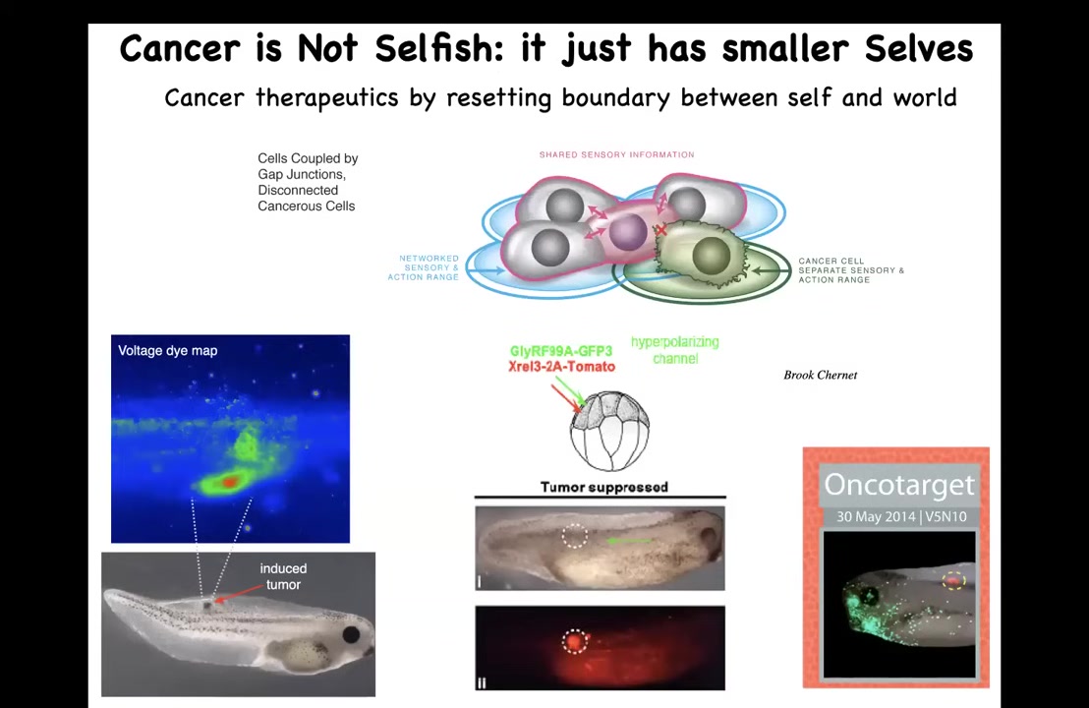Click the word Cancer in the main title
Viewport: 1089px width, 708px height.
[x=180, y=48]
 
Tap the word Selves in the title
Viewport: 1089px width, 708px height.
[x=918, y=48]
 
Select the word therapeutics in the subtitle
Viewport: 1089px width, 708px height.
[x=327, y=98]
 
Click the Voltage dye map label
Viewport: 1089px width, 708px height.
[x=167, y=351]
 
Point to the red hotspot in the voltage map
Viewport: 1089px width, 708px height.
[x=228, y=481]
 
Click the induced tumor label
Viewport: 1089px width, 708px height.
[x=283, y=576]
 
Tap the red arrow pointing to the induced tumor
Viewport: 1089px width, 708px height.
[x=240, y=593]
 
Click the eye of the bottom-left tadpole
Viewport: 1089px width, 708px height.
[x=352, y=633]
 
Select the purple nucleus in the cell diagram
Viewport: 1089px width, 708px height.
[x=628, y=232]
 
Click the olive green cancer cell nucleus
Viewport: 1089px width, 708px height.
[x=712, y=255]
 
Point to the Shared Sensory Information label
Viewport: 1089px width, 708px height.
[x=616, y=155]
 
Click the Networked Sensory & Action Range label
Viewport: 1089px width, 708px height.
[x=424, y=267]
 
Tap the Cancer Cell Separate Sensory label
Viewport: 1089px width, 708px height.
[x=851, y=270]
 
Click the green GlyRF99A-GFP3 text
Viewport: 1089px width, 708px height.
[x=561, y=352]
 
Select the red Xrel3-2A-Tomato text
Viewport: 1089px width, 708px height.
[x=562, y=366]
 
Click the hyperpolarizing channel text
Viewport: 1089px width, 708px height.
[x=675, y=350]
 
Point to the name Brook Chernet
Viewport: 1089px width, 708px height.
[x=821, y=376]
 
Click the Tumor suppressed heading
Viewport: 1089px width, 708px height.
[x=604, y=487]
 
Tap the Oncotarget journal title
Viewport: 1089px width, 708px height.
[x=899, y=485]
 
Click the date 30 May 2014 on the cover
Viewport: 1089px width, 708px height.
[x=876, y=517]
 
